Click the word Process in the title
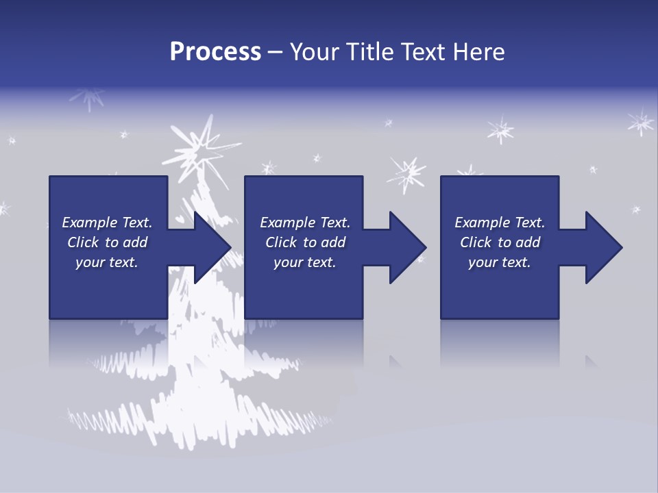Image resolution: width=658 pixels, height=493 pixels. [x=215, y=52]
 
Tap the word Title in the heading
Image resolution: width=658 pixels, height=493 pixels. [x=368, y=52]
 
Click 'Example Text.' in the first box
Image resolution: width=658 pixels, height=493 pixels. [x=107, y=223]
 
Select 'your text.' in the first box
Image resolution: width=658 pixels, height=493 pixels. [x=107, y=262]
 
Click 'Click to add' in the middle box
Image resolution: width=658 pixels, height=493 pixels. [x=305, y=242]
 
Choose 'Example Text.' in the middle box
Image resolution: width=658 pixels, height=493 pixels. [x=305, y=223]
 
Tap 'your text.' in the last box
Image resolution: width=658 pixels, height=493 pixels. [x=500, y=262]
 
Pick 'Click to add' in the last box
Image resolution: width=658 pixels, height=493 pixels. [x=500, y=242]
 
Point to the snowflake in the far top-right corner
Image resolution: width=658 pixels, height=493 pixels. [x=641, y=123]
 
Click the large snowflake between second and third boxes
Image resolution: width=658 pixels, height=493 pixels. [x=407, y=174]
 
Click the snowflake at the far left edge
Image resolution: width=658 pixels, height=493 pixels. [x=3, y=208]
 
